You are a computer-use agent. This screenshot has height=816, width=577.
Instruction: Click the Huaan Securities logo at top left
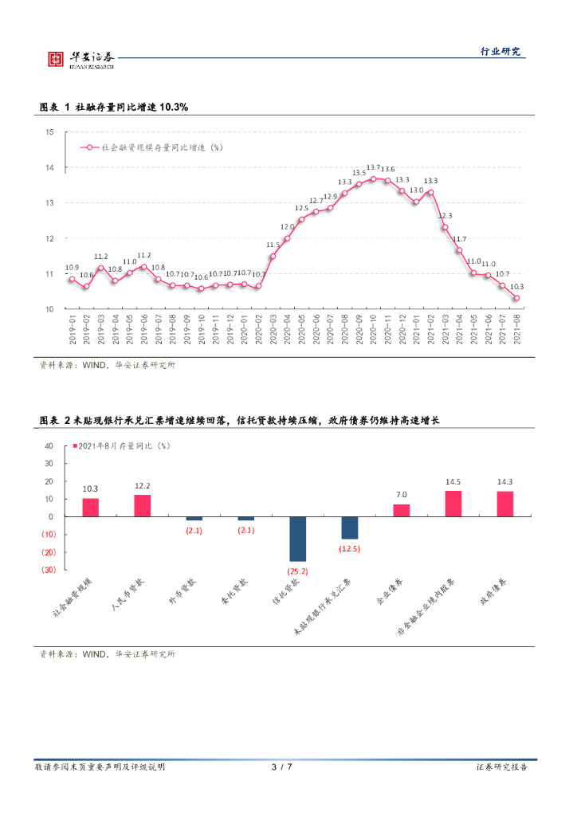(78, 58)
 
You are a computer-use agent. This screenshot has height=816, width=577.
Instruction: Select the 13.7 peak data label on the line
(373, 167)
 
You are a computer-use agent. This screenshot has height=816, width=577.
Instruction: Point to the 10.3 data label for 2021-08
(516, 287)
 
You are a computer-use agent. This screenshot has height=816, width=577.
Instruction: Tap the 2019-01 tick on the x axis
(72, 329)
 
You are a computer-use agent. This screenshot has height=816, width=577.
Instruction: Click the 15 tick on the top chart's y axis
(49, 132)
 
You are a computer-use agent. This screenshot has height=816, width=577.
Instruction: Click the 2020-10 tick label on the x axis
(373, 329)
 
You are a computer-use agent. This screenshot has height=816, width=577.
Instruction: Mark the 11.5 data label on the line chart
(273, 245)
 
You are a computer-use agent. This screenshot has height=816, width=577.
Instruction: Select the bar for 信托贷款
(298, 539)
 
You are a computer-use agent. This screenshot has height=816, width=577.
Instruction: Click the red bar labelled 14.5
(453, 504)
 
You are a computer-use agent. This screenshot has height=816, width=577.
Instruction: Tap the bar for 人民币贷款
(143, 506)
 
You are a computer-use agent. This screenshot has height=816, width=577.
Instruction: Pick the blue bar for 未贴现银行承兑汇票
(349, 528)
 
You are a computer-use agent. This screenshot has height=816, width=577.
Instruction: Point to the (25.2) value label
(298, 571)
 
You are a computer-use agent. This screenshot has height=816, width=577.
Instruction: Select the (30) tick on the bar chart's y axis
(48, 570)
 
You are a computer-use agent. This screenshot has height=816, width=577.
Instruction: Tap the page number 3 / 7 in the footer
(282, 767)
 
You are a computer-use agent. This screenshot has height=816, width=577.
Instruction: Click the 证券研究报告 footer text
(501, 767)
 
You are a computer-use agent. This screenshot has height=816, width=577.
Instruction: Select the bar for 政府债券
(505, 504)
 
